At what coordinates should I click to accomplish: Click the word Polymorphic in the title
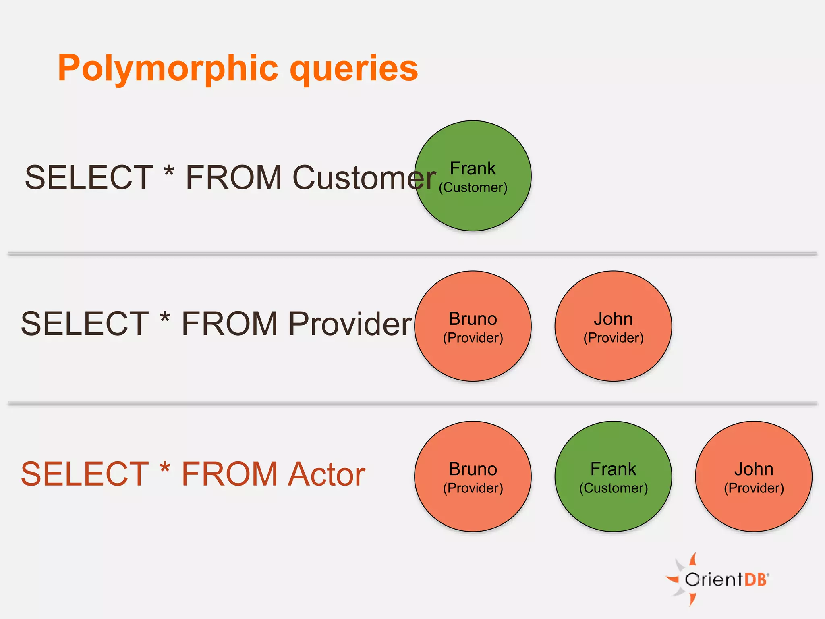[x=168, y=69]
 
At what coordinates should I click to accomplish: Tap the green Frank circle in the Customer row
[x=473, y=176]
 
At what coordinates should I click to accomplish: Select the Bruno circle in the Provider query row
[x=473, y=326]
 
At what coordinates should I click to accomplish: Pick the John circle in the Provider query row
[x=613, y=326]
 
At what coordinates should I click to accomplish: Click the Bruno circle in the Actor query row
[x=473, y=477]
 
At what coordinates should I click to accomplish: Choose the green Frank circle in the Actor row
[x=613, y=477]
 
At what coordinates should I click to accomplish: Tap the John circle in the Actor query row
[x=753, y=477]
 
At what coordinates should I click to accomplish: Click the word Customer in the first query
[x=364, y=178]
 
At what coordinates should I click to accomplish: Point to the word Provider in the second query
[x=350, y=324]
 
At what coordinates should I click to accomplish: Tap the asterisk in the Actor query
[x=165, y=468]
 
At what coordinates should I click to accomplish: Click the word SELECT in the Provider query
[x=85, y=324]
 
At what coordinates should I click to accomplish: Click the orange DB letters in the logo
[x=756, y=580]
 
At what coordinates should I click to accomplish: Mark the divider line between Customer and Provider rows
[x=412, y=254]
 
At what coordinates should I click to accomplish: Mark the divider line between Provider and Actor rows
[x=412, y=403]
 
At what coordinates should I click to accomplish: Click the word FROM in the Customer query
[x=233, y=178]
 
